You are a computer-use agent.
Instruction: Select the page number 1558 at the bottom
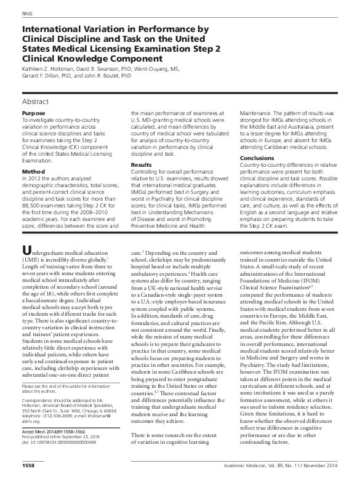[x=28, y=475]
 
